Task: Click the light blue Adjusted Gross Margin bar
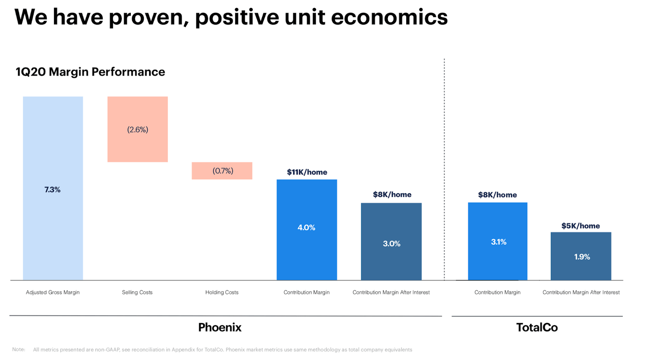click(53, 188)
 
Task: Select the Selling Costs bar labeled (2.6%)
click(137, 129)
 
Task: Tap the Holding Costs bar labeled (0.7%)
click(222, 171)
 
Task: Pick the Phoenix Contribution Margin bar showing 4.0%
click(307, 230)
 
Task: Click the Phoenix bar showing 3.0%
click(391, 241)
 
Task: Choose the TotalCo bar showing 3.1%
click(498, 241)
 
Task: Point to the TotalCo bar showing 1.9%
click(581, 256)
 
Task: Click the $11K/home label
click(307, 172)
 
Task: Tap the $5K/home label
click(580, 226)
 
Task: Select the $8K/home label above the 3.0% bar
click(392, 194)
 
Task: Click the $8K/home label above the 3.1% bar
click(497, 195)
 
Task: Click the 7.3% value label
click(53, 190)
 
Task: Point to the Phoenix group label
click(220, 327)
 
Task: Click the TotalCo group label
click(537, 327)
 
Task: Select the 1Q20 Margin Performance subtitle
click(90, 72)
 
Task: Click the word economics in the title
click(389, 17)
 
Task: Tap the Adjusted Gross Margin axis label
click(53, 292)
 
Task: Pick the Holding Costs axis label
click(222, 292)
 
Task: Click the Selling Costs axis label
click(137, 292)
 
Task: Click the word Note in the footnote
click(19, 349)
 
